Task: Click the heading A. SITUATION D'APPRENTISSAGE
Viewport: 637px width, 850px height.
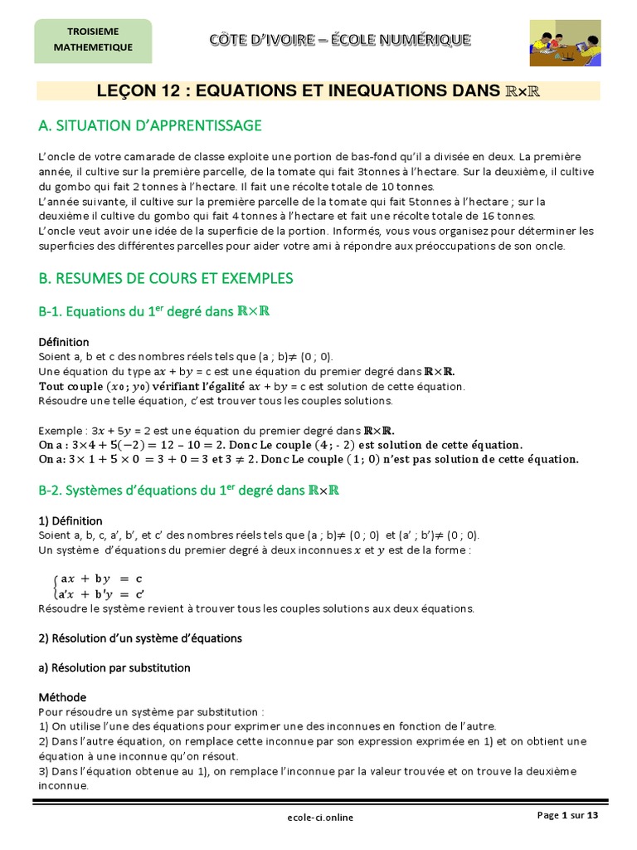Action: click(x=150, y=125)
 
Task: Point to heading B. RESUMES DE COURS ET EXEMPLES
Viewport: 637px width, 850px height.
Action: click(x=166, y=277)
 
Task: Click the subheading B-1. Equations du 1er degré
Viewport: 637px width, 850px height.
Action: click(x=156, y=313)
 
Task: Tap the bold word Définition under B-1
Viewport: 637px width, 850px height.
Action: click(x=64, y=342)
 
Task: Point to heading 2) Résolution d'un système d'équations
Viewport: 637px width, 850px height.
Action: click(x=140, y=638)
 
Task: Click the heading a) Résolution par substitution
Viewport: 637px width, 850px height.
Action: click(x=114, y=667)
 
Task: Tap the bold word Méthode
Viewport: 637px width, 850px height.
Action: click(x=62, y=696)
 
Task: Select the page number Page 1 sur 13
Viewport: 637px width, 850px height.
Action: click(x=566, y=815)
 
